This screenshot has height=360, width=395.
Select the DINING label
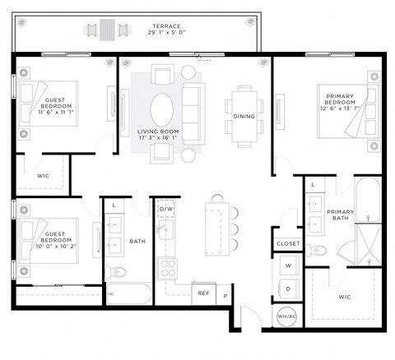tap(244, 116)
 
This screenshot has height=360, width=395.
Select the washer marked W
tap(289, 266)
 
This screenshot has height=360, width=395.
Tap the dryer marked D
tap(289, 288)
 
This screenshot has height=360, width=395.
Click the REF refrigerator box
tap(203, 293)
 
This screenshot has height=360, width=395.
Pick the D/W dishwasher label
tap(166, 209)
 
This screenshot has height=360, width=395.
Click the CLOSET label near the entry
tap(288, 243)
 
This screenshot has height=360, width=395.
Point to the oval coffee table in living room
tap(163, 107)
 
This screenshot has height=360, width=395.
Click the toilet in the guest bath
tap(117, 271)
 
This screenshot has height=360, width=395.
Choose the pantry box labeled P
tap(225, 293)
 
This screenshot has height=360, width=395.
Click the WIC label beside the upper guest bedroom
tap(44, 176)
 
